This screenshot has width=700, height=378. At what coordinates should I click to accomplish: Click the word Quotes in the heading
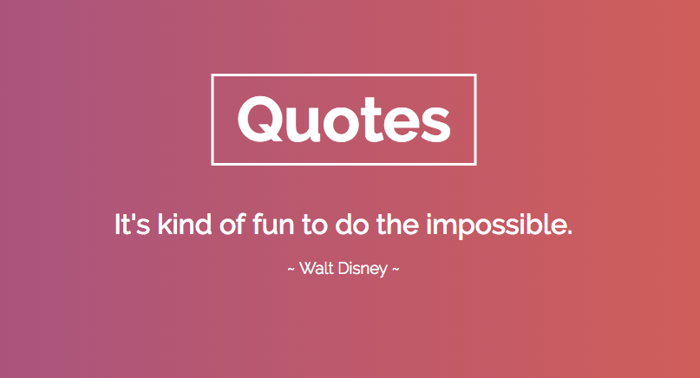pyautogui.click(x=343, y=119)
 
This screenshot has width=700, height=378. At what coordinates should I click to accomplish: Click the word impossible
pyautogui.click(x=495, y=227)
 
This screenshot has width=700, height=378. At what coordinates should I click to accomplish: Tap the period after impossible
pyautogui.click(x=570, y=233)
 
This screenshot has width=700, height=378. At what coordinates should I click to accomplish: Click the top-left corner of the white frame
pyautogui.click(x=213, y=76)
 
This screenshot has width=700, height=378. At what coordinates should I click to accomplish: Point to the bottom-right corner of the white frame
pyautogui.click(x=475, y=163)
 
